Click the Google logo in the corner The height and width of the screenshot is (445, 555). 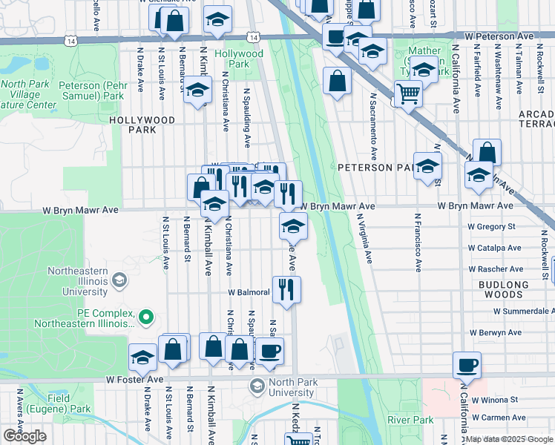coord(24,436)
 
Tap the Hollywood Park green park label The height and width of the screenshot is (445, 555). coord(239,59)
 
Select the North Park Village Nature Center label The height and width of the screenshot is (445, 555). coord(28,94)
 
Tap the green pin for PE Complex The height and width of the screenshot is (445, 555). coord(146,319)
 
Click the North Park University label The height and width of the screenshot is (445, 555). coord(292,388)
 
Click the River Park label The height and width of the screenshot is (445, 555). coord(409,421)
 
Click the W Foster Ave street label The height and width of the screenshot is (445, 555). coord(134,379)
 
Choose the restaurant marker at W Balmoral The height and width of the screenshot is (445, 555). coord(286,289)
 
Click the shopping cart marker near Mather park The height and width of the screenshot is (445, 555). coord(408,93)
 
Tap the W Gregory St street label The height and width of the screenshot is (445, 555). coord(491,226)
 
